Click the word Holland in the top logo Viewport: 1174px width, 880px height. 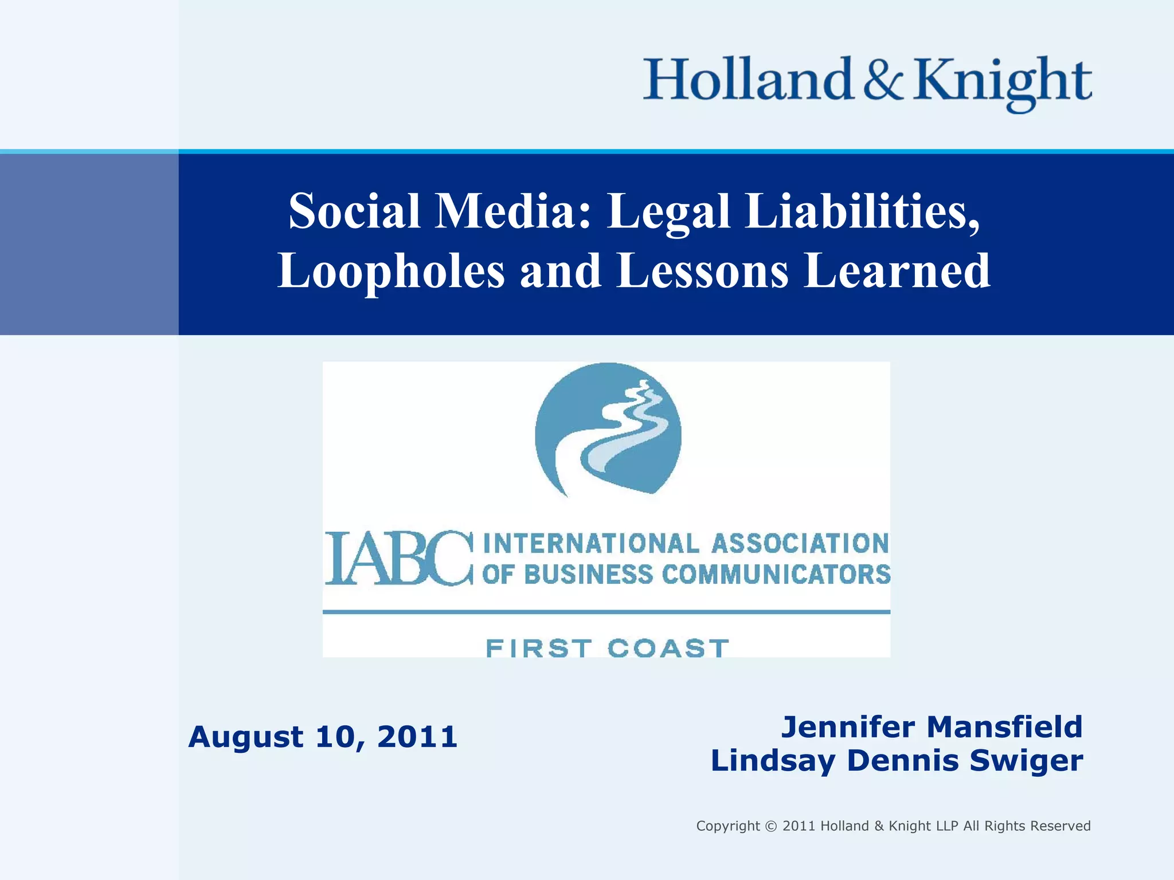tap(748, 80)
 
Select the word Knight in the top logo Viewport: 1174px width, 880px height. tap(1003, 83)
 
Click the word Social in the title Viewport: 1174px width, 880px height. tap(355, 211)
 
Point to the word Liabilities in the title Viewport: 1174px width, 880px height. tap(863, 211)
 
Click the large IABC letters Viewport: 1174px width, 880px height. tap(399, 559)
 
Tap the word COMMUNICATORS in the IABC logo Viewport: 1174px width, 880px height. tap(776, 575)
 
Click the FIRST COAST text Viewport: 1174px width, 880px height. tap(607, 649)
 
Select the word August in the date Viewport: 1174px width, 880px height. tap(246, 737)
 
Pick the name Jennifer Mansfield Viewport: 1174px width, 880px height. tap(932, 727)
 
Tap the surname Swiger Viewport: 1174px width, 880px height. tap(1026, 761)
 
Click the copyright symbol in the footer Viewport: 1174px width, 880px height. tap(771, 826)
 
